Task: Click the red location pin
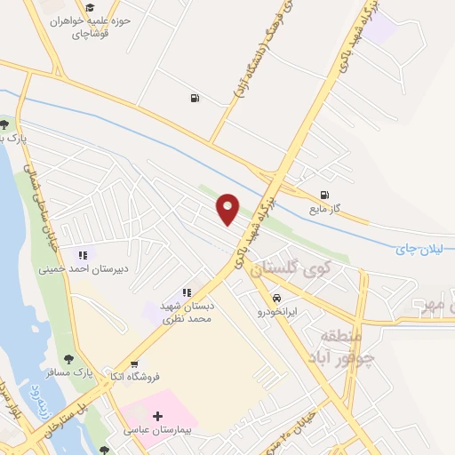point(228,208)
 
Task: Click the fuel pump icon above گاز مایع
point(324,196)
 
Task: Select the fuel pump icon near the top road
point(194,98)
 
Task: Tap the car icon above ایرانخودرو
point(278,299)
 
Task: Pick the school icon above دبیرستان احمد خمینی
point(84,255)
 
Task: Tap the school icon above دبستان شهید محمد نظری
point(187,292)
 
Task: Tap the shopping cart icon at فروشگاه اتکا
point(134,363)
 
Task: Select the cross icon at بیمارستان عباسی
point(158,416)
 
